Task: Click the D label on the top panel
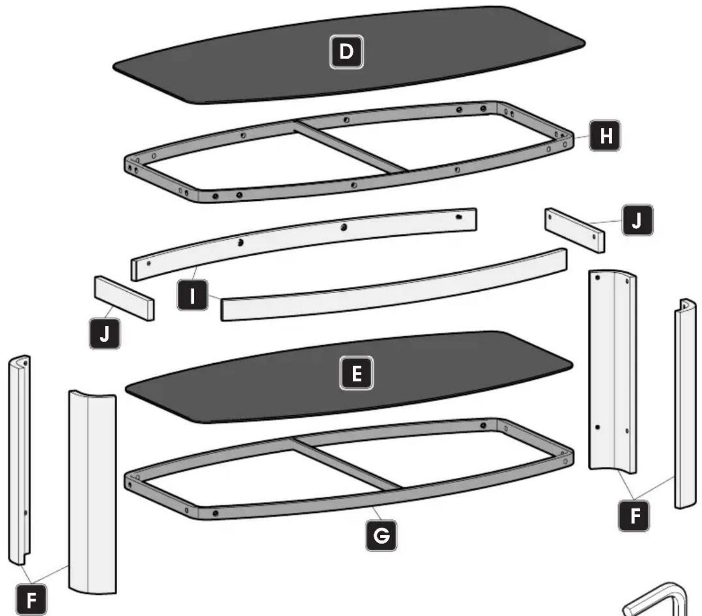pos(346,52)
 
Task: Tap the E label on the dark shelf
pos(357,373)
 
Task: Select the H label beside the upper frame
pos(605,136)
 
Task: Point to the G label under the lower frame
pos(381,535)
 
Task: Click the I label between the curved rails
pos(192,295)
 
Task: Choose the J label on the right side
pos(637,220)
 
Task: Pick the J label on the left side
pos(105,334)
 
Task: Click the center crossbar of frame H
pos(350,146)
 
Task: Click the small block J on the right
pos(575,230)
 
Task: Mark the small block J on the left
pos(124,298)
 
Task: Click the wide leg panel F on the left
pos(92,491)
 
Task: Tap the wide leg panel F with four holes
pos(612,372)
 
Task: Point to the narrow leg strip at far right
pos(685,404)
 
